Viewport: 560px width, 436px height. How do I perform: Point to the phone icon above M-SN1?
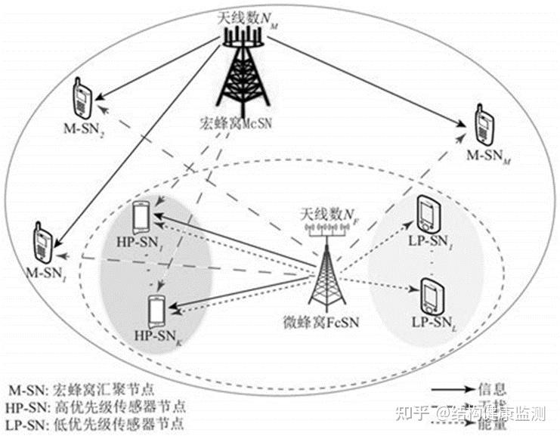point(42,240)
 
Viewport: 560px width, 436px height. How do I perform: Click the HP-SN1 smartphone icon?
point(141,217)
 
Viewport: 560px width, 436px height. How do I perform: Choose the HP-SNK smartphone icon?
point(156,310)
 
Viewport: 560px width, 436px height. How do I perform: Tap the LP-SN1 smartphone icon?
point(426,214)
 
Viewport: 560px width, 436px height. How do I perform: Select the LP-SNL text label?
point(433,323)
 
